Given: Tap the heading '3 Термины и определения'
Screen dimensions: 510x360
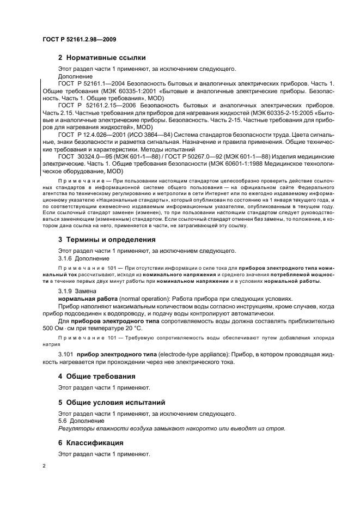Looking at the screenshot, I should tap(107, 239).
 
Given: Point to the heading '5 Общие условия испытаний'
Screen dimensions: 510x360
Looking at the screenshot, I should tap(112, 403).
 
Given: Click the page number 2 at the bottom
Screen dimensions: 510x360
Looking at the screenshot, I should tap(44, 466).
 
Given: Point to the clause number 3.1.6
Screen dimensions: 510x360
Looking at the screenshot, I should tap(65, 258).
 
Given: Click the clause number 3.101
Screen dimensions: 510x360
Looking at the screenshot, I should tap(66, 354).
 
